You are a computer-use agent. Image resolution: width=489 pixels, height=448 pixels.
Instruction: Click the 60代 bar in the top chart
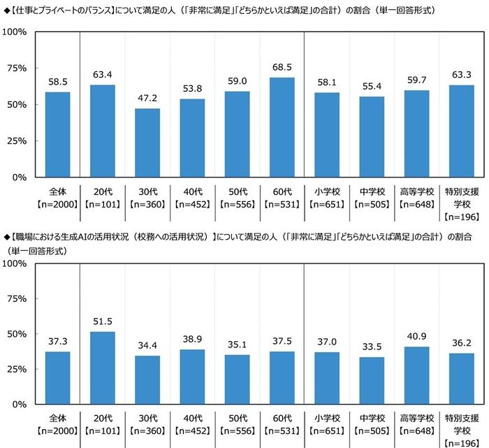point(282,127)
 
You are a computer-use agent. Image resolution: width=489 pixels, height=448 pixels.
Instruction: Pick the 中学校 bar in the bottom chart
point(372,380)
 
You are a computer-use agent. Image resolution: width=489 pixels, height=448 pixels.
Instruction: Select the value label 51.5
point(103,321)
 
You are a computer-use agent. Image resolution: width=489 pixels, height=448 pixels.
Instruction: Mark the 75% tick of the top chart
point(16,68)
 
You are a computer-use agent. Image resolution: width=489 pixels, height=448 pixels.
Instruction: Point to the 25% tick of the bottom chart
point(16,369)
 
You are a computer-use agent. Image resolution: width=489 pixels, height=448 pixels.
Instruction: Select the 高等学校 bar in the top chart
point(416,133)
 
